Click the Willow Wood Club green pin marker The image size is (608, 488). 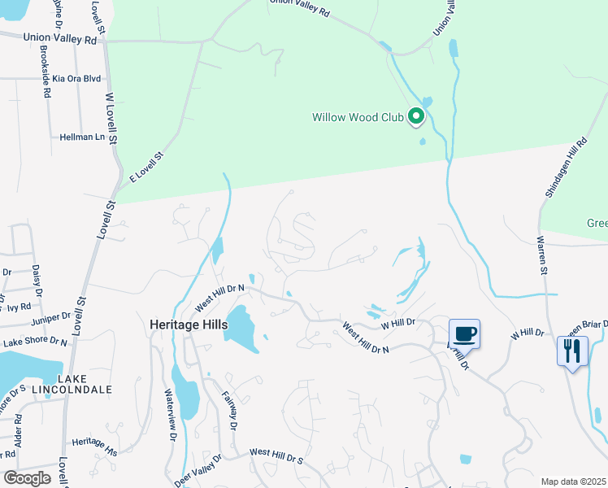(x=416, y=117)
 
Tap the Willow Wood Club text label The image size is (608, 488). (x=358, y=117)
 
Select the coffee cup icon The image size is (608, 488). (x=465, y=333)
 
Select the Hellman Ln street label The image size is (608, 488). (x=83, y=137)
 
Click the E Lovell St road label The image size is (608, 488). (x=147, y=167)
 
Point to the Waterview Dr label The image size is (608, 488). (x=172, y=415)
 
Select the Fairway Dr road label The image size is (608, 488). (x=230, y=412)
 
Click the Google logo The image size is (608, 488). (x=27, y=477)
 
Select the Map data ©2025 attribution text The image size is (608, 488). (x=573, y=481)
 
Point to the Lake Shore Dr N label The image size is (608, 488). (x=34, y=343)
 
